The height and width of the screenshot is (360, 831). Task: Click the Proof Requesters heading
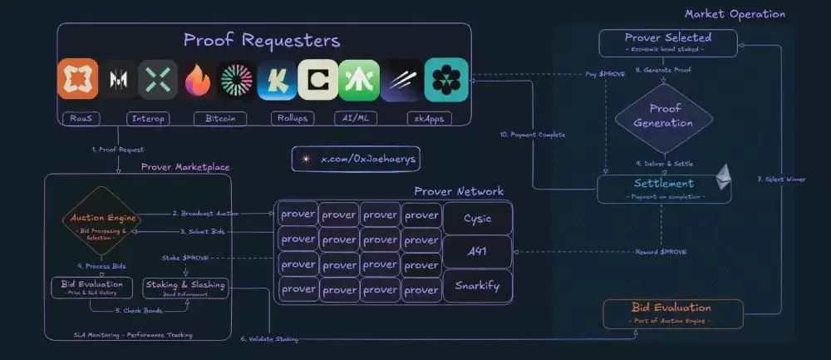point(262,41)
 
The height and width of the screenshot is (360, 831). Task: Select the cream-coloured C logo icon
point(318,80)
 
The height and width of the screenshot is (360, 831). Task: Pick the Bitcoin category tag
point(220,118)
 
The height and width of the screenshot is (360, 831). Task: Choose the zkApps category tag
point(425,118)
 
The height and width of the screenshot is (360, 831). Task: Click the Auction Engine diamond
point(102,222)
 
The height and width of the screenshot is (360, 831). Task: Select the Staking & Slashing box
point(184,288)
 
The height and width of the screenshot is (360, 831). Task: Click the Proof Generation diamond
point(664,117)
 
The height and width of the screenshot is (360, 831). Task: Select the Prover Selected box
point(667,42)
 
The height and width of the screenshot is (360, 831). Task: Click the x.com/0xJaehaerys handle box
point(344,158)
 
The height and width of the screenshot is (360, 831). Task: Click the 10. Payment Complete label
point(533,135)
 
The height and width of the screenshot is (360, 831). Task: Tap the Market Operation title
point(734,14)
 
